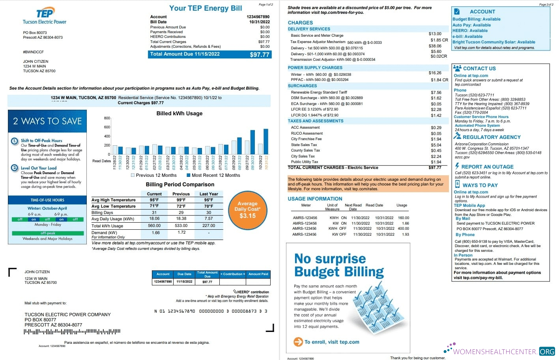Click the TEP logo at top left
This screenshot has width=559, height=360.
pos(45,13)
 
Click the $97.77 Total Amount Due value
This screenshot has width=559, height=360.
pos(259,54)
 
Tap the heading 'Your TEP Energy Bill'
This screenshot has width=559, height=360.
pos(206,8)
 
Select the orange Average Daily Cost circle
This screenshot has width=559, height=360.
pos(247,210)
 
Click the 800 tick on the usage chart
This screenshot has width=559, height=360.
pos(107,118)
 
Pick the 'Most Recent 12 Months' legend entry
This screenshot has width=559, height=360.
pos(213,175)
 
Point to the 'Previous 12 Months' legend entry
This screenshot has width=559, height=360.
pos(153,175)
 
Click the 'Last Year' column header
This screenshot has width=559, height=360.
pos(209,194)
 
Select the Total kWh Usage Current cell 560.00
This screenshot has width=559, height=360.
pos(154,226)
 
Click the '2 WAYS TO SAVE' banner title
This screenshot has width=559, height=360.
pos(47,121)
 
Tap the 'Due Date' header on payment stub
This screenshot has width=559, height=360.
pos(184,274)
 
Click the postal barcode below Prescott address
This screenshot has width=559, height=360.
pos(72,332)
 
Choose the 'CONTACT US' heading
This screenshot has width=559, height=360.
pos(479,68)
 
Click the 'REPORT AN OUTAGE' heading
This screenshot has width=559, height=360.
pos(487,167)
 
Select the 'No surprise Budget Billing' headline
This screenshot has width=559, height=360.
pos(338,265)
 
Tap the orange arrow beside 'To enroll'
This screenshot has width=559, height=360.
pos(298,342)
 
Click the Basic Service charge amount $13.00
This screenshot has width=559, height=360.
pos(435,34)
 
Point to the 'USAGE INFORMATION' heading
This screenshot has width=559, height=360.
pos(315,199)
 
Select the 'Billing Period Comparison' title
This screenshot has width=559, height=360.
pos(180,184)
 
